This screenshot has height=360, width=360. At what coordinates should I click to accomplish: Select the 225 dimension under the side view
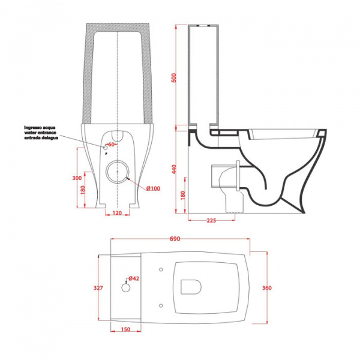(211, 221)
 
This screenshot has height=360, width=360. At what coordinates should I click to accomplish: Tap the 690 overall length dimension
(175, 239)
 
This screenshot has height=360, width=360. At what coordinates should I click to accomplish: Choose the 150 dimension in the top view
(125, 329)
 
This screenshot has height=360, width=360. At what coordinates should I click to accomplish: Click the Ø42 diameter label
(134, 278)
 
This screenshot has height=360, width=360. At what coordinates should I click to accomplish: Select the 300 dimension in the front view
(76, 178)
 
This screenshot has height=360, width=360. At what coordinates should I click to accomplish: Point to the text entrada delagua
(41, 139)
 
